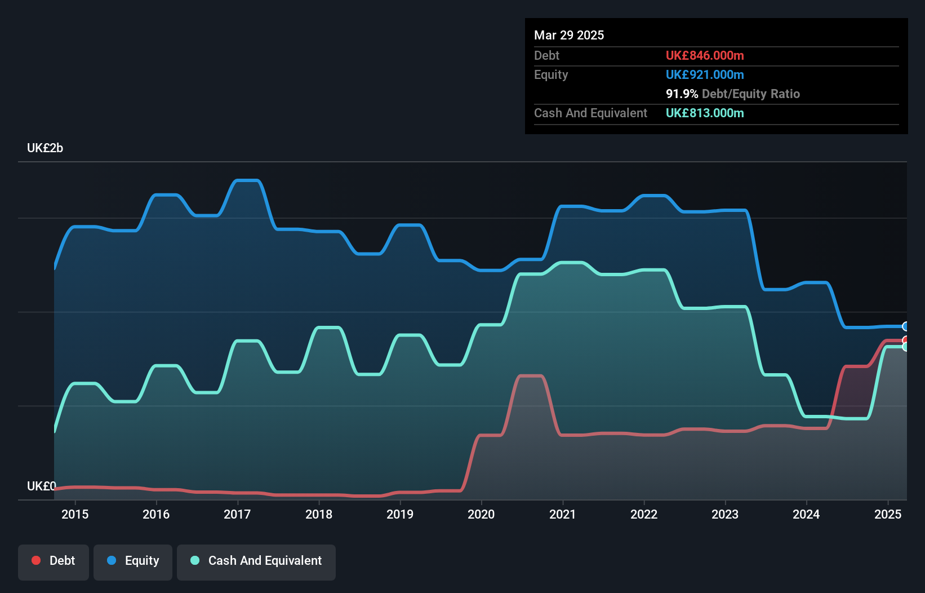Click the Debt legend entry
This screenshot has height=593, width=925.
(x=54, y=561)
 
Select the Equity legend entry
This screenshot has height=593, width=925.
(x=133, y=561)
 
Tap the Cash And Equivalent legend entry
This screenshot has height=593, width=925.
(x=256, y=561)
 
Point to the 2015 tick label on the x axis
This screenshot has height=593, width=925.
(x=75, y=514)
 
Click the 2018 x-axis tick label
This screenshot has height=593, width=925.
(x=319, y=514)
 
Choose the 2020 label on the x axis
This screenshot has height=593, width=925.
(x=481, y=514)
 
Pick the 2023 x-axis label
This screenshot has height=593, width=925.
(x=725, y=514)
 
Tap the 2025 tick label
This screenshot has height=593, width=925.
(x=888, y=514)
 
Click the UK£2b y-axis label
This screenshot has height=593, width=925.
(x=45, y=148)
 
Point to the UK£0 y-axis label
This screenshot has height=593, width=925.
(x=42, y=486)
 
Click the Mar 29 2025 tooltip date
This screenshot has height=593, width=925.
(x=569, y=36)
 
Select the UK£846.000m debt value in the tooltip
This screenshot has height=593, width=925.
(x=705, y=56)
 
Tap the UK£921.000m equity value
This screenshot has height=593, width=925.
(x=705, y=75)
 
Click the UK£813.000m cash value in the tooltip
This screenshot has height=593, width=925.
(x=705, y=113)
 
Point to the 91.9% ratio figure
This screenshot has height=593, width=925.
(x=682, y=94)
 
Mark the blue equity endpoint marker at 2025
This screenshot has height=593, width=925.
(x=906, y=326)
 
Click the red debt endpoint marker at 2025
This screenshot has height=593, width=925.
(x=906, y=340)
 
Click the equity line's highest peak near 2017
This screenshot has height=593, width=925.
(x=247, y=180)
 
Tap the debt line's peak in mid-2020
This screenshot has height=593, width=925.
(x=530, y=376)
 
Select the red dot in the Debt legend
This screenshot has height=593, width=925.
(x=36, y=560)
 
